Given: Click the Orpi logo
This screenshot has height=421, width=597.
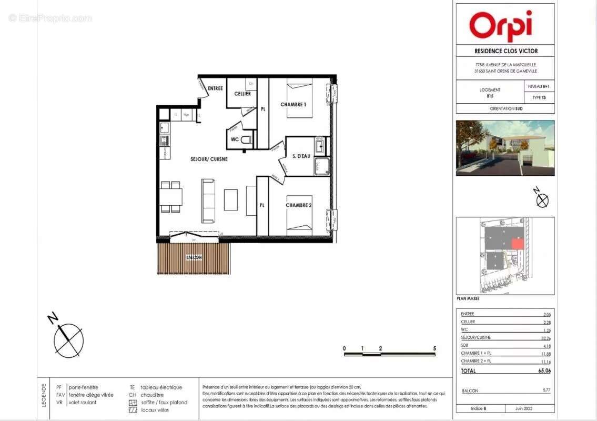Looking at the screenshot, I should click(x=500, y=25).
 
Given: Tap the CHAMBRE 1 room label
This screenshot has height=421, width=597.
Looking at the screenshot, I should click(x=293, y=105).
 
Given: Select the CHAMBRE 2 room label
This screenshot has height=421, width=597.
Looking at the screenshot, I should click(x=299, y=205).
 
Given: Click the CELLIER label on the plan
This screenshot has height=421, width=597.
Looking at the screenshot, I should click(x=242, y=94).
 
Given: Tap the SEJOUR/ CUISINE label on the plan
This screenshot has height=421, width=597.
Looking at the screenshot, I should click(x=209, y=159).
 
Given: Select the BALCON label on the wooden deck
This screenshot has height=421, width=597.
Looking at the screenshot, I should click(x=194, y=257).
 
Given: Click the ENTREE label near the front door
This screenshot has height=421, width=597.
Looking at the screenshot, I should click(x=215, y=88).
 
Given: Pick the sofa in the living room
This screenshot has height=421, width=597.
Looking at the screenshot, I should click(x=208, y=201).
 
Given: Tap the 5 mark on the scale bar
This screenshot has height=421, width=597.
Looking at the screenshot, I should click(x=434, y=348).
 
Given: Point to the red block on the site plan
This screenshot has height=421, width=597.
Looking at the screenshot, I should click(x=518, y=244).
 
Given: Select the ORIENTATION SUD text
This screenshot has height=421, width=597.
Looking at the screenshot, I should click(x=504, y=109).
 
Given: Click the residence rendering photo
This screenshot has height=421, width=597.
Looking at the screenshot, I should click(x=504, y=148).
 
